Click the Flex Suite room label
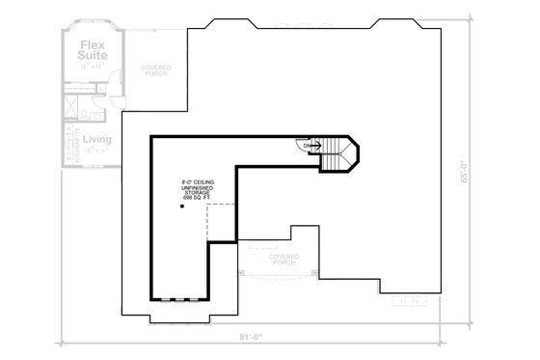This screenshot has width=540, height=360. [x=93, y=49]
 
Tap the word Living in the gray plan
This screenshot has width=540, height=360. [x=96, y=139]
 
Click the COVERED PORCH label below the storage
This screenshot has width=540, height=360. [x=284, y=259]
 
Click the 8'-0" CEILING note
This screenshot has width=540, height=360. [x=197, y=181]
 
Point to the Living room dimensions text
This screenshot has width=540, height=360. [x=96, y=150]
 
